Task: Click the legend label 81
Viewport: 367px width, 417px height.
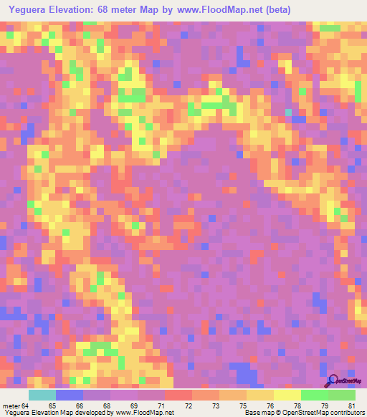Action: pos(351,406)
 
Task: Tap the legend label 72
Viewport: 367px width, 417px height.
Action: pos(188,406)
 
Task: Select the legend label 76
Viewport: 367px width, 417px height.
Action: pos(270,406)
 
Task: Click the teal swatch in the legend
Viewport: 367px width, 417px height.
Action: pos(42,395)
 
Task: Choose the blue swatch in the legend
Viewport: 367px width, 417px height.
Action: pos(69,395)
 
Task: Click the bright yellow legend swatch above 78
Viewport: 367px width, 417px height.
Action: pos(287,395)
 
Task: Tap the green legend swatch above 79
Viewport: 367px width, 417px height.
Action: pos(315,395)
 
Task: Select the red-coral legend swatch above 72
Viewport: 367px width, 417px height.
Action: pos(178,395)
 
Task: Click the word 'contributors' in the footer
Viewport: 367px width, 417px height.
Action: pos(346,413)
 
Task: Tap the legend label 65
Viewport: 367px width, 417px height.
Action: pos(52,406)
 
